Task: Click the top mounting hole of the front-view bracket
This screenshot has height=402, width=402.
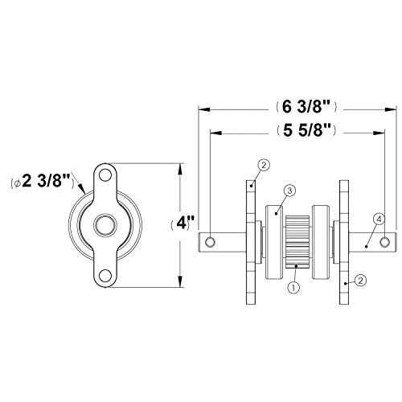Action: click(105, 174)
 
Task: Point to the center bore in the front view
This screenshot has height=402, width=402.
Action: click(105, 224)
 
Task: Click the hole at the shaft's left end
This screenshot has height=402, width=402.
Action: click(210, 242)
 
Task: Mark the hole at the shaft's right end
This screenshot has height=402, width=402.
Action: click(384, 241)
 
